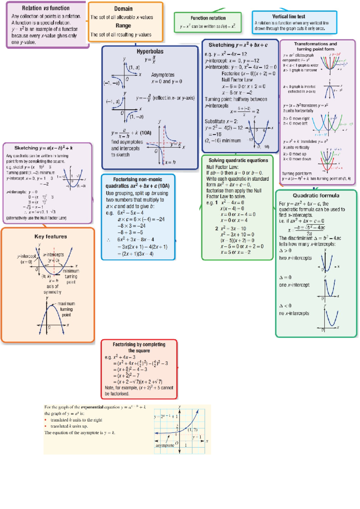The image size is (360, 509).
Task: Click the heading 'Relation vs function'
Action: pos(46,8)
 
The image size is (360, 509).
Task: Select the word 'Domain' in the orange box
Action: pos(123,9)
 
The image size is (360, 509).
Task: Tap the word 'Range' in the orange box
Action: pos(123,26)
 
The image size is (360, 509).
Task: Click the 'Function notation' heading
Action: pos(208,18)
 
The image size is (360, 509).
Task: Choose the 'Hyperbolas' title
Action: pos(150,51)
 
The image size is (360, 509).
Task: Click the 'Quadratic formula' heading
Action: pos(316,196)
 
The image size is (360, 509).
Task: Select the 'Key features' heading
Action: pos(50,236)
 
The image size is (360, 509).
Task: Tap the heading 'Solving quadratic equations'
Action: pos(238,160)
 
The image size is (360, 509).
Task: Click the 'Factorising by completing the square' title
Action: pos(139,347)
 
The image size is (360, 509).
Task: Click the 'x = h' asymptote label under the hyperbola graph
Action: pos(170,162)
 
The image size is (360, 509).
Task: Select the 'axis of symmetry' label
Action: pos(52,289)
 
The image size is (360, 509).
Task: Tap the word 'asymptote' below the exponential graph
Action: pos(165,445)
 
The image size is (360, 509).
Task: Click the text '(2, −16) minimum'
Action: pos(223,140)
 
